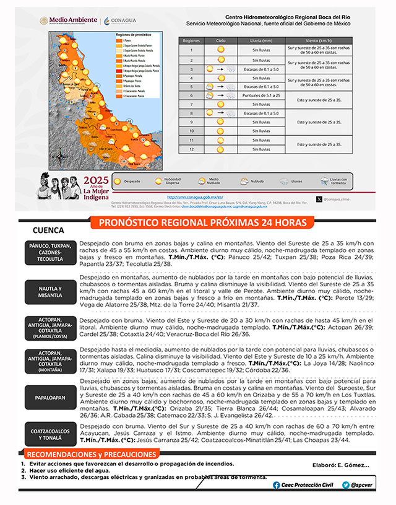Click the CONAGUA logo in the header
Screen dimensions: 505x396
(120, 21)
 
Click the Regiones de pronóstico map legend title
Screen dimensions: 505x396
(134, 35)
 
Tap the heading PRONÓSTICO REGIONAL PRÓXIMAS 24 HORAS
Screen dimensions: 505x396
(198, 222)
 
